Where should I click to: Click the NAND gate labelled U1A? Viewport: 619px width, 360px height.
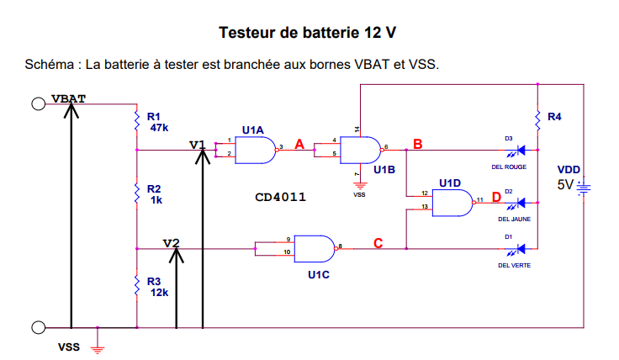256,151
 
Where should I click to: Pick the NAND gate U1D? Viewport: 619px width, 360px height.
451,202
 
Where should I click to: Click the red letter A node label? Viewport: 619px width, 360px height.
299,145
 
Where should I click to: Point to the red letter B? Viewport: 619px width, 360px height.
417,145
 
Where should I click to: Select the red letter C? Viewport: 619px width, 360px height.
378,243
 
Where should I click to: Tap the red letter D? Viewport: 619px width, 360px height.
496,197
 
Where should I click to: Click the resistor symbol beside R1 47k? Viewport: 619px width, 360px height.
136,122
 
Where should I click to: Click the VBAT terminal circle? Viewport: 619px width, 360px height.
38,103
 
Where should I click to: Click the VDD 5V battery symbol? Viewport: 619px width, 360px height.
583,187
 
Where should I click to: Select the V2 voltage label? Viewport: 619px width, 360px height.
172,243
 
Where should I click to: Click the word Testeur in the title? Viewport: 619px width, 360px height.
248,33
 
